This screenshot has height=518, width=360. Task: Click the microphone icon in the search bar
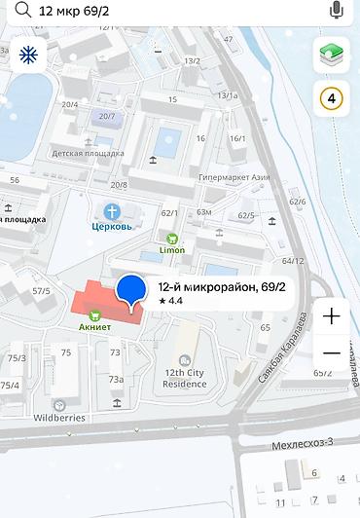coord(337,10)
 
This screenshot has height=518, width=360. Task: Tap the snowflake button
coord(28,55)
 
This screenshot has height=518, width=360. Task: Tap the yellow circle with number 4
coord(331,98)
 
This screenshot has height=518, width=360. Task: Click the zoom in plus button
coord(331,316)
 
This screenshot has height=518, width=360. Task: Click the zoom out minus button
coord(331,352)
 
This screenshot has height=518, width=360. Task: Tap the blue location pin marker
coord(131,290)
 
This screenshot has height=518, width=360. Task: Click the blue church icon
coord(112,211)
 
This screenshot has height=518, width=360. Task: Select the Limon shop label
coord(172,250)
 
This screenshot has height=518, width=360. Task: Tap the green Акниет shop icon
coord(95,314)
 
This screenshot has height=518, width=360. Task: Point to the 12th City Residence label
coord(186,378)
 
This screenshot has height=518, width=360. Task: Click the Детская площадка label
coord(88,153)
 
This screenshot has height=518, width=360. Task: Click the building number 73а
coord(116,379)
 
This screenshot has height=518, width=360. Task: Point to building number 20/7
coord(105,117)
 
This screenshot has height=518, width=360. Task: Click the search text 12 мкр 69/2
coord(75,11)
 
